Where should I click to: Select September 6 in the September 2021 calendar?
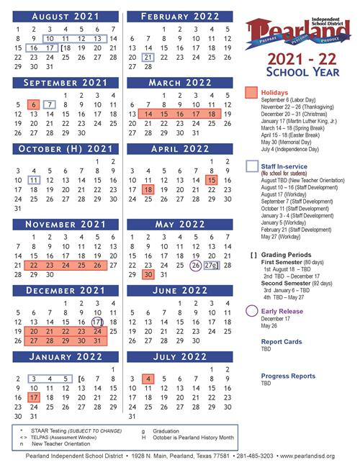tap(33, 104)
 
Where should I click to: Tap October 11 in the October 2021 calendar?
tap(33, 180)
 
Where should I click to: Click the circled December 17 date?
tap(98, 322)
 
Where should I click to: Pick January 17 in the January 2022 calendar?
tap(33, 397)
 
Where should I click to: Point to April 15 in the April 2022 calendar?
tap(212, 180)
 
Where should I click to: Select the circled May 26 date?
tap(195, 265)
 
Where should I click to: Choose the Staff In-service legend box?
tap(251, 167)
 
